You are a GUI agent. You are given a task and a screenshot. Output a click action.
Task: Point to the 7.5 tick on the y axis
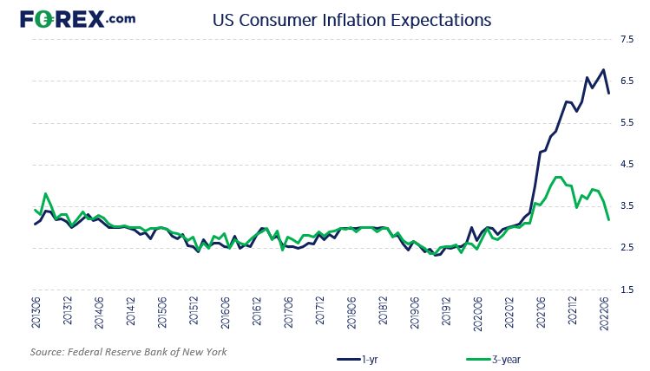(625, 39)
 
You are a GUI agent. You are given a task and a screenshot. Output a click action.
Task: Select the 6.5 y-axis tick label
(625, 81)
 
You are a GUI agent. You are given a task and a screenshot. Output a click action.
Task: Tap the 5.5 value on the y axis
(625, 123)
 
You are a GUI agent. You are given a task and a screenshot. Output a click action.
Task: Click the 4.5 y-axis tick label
(625, 165)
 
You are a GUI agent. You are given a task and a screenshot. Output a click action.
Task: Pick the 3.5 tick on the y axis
(625, 206)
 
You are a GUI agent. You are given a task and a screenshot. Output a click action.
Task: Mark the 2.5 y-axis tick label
(625, 249)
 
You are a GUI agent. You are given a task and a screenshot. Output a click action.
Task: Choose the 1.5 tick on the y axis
(625, 290)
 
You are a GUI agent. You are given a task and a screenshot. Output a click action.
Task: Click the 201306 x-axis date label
(36, 314)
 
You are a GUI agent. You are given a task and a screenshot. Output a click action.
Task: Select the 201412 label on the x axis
(130, 314)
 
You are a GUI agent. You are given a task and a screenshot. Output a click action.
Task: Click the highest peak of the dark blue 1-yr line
(603, 70)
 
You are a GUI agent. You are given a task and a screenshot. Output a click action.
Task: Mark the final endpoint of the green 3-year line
(608, 219)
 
